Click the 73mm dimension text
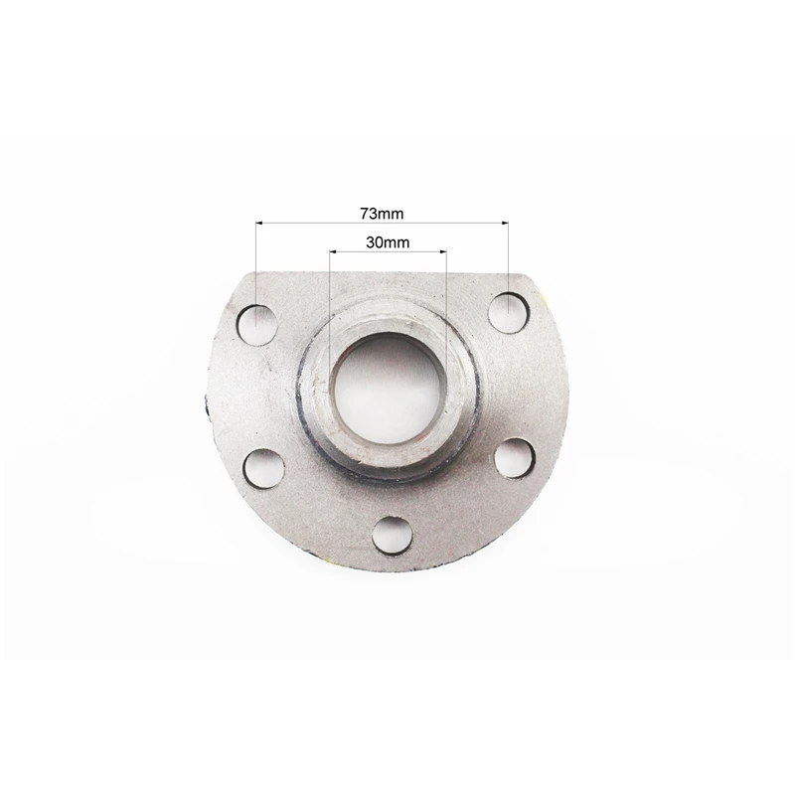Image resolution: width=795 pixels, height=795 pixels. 382,214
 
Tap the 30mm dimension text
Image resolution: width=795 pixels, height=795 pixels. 388,242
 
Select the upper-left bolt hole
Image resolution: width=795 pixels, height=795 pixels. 257,325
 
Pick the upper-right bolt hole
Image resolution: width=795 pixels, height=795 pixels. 509,312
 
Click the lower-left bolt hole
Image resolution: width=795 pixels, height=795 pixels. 264,468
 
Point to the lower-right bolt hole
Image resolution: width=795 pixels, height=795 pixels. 515,459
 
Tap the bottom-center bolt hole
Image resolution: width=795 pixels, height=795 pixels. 392,536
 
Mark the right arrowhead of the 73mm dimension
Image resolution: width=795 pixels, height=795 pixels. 505,222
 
